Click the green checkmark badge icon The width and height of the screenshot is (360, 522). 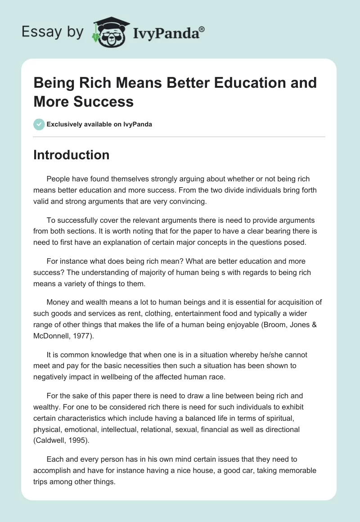click(39, 124)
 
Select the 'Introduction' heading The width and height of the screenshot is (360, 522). click(71, 155)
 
